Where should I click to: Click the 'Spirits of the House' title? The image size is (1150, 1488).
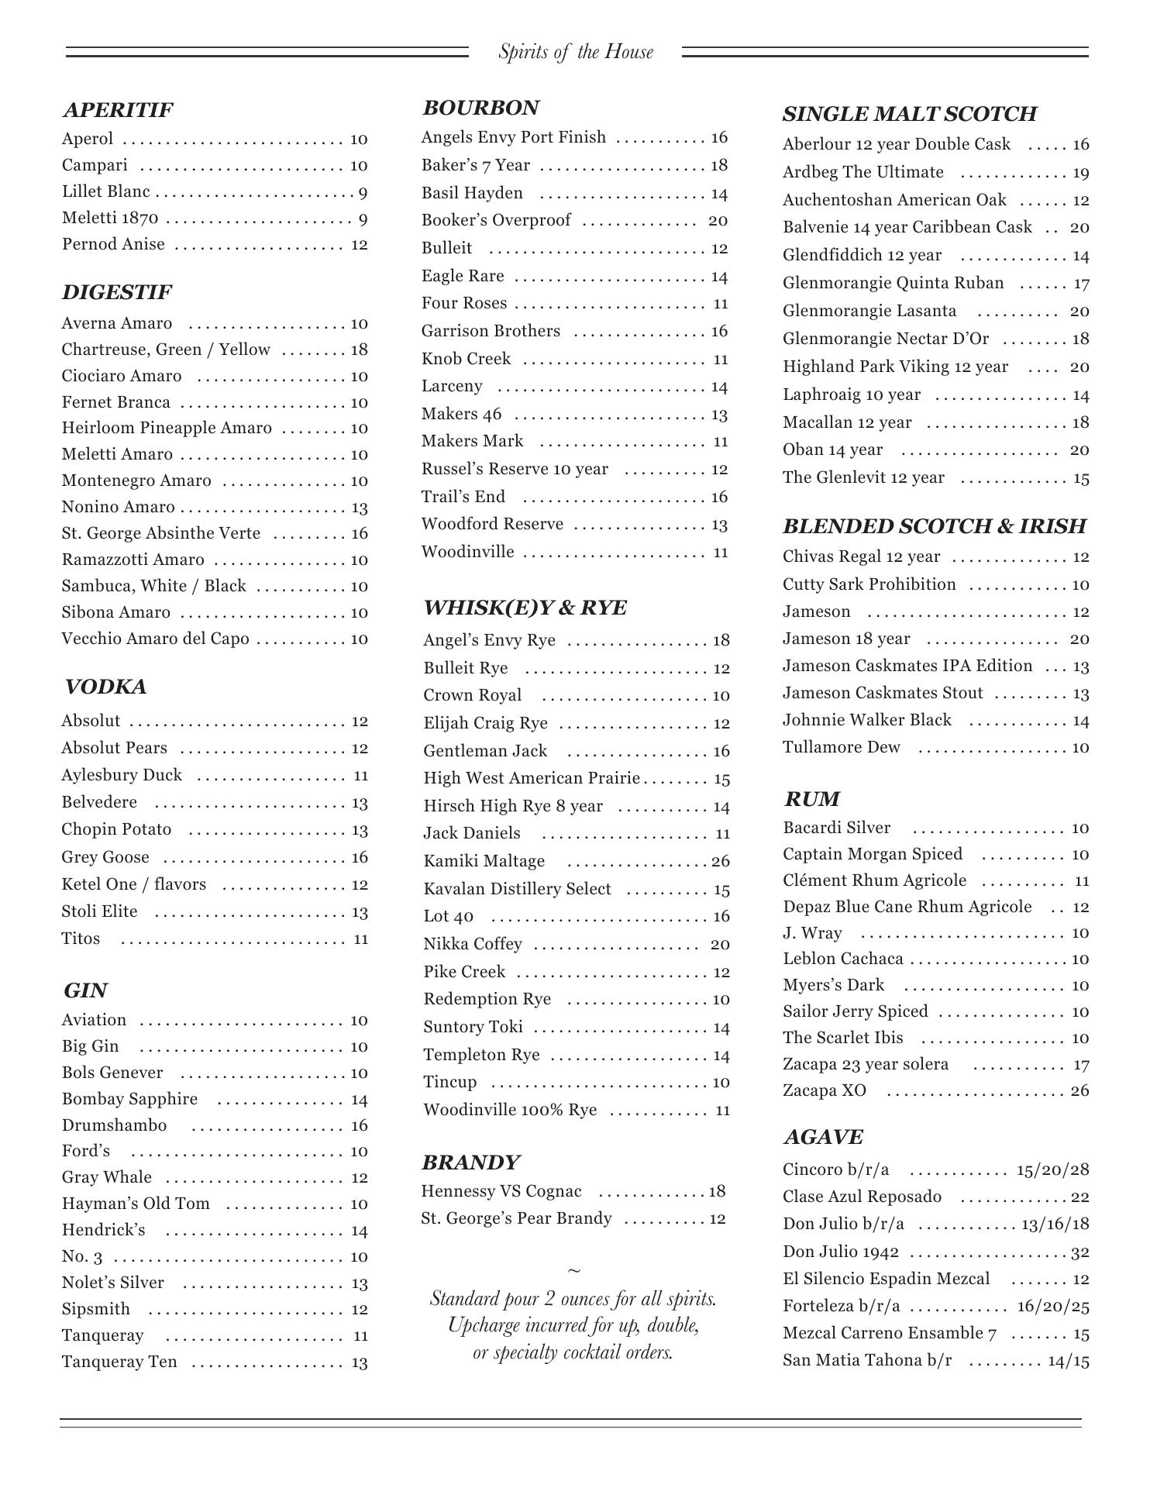(576, 52)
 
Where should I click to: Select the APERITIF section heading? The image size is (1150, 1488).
(118, 110)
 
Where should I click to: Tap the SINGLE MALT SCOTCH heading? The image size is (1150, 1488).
(909, 114)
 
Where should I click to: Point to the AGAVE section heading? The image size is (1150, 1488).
(823, 1137)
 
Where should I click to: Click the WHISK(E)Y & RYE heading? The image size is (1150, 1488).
(525, 608)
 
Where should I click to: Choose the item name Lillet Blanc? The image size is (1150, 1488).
(106, 192)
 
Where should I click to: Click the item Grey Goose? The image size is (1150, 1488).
(105, 857)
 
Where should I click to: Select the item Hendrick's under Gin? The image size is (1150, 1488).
(104, 1231)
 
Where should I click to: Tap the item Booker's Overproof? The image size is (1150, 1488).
(496, 221)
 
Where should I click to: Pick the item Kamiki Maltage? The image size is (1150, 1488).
(484, 861)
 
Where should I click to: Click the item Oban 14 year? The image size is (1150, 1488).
(832, 450)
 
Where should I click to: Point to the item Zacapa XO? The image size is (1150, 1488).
(825, 1090)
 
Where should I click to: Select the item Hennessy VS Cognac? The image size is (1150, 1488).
(501, 1191)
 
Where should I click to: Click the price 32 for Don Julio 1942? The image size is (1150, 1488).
(1080, 1252)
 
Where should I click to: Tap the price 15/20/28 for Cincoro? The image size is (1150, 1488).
(1053, 1169)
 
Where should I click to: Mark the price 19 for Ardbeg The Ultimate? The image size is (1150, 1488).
(1081, 173)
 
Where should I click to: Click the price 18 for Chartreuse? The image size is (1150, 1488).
(359, 350)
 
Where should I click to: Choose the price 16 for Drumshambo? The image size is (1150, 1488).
(359, 1125)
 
